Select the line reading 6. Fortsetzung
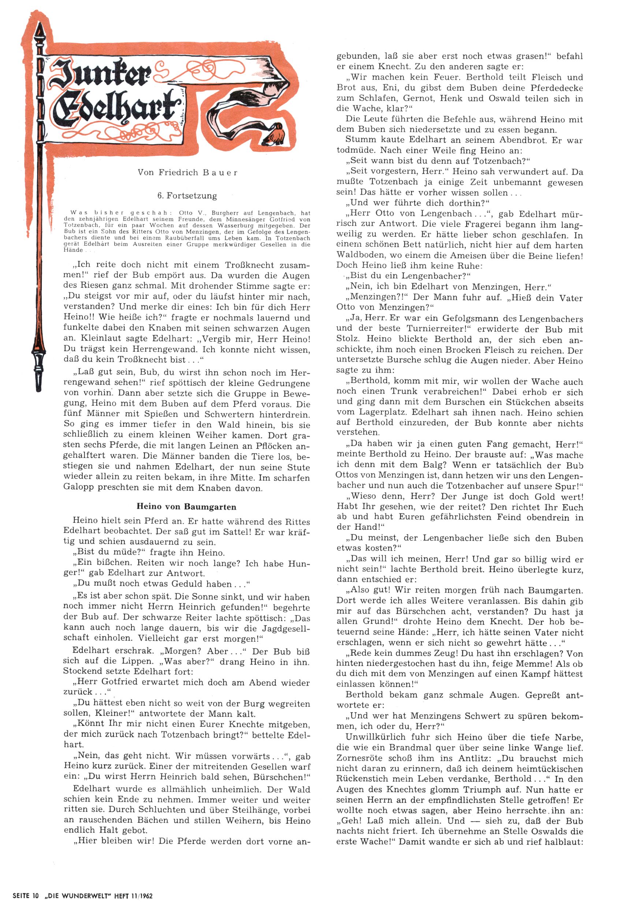coord(187,196)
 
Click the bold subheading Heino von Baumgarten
coord(186,507)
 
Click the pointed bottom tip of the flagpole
coord(38,385)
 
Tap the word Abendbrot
coord(512,140)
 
